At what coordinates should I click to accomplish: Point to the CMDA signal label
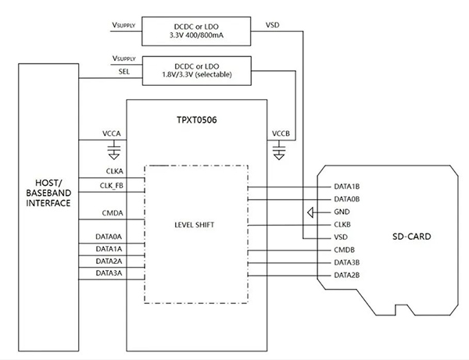pyautogui.click(x=111, y=212)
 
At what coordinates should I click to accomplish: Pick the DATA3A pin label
pyautogui.click(x=109, y=273)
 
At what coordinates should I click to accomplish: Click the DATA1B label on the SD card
pyautogui.click(x=347, y=187)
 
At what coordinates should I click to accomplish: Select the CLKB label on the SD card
pyautogui.click(x=342, y=224)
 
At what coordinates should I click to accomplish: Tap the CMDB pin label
pyautogui.click(x=343, y=250)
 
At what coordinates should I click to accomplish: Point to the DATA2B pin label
pyautogui.click(x=347, y=275)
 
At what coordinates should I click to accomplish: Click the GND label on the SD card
pyautogui.click(x=342, y=212)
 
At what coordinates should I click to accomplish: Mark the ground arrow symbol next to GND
pyautogui.click(x=311, y=212)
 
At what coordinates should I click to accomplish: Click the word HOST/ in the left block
pyautogui.click(x=48, y=181)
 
